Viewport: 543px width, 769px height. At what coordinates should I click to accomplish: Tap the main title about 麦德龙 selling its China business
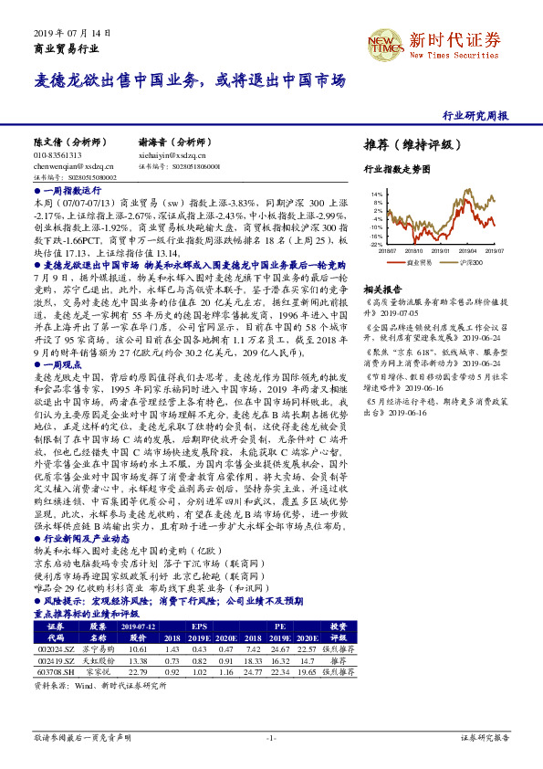click(x=190, y=81)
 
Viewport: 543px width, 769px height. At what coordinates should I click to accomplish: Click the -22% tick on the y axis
click(x=377, y=245)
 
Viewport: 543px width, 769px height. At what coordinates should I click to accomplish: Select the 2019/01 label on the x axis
click(x=440, y=249)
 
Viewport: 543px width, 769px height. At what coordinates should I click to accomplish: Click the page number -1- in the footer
click(x=271, y=737)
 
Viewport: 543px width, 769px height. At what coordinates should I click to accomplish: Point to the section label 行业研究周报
click(x=475, y=116)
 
